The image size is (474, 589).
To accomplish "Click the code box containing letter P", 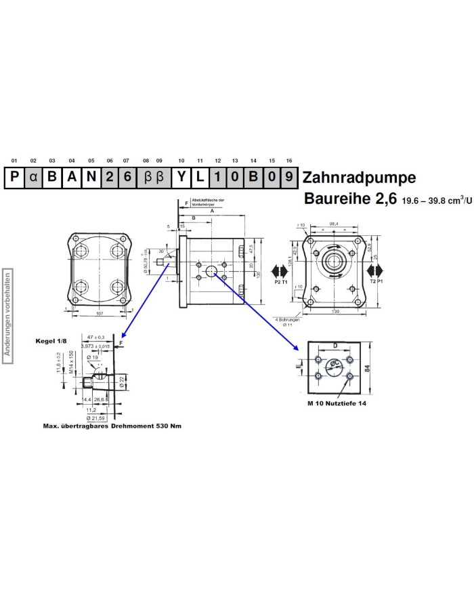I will pyautogui.click(x=14, y=178).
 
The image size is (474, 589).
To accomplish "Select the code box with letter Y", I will pyautogui.click(x=181, y=178).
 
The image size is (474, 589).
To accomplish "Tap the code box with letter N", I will pyautogui.click(x=91, y=178).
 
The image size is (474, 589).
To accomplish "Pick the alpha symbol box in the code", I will pyautogui.click(x=33, y=178).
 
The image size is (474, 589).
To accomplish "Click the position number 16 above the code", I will pyautogui.click(x=289, y=161).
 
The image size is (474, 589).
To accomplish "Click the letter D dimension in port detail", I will pyautogui.click(x=335, y=346).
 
